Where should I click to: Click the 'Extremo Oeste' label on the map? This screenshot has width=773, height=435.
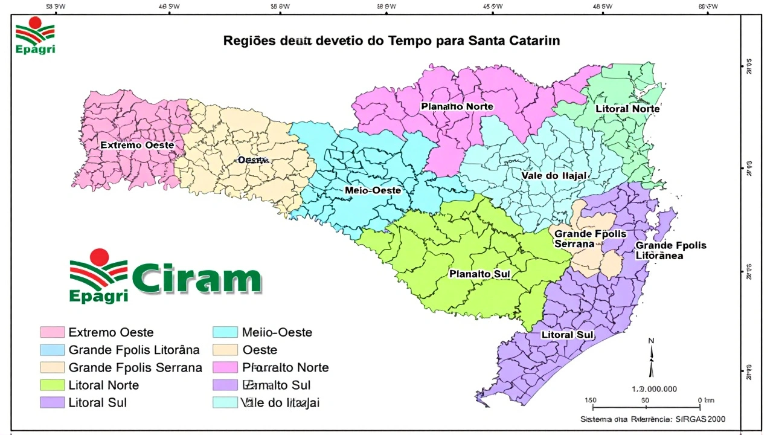tap(137, 146)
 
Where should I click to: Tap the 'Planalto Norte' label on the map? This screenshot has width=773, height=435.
tap(457, 107)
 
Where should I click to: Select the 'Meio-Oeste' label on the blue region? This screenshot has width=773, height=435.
tap(373, 190)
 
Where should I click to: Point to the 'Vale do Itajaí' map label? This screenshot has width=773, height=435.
tap(554, 176)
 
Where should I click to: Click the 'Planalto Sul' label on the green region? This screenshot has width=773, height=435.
tap(480, 274)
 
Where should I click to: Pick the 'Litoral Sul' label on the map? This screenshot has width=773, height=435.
tap(568, 335)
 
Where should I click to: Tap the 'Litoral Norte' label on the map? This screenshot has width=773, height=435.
tap(627, 109)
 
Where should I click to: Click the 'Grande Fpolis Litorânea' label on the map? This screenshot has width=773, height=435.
tap(670, 251)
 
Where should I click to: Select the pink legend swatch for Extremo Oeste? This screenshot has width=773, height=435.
tap(52, 332)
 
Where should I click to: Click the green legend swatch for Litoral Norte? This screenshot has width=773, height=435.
tap(52, 385)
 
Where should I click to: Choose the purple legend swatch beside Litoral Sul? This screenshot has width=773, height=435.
tap(52, 402)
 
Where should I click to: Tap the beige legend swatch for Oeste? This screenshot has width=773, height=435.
tap(225, 350)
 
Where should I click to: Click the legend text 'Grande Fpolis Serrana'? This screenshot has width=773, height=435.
tap(135, 367)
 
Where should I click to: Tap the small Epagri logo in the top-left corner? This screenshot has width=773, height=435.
tap(35, 35)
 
